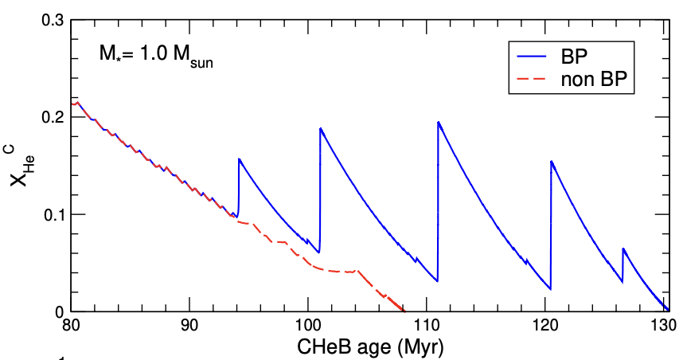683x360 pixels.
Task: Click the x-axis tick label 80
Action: (x=70, y=327)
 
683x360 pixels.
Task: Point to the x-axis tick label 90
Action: (x=189, y=327)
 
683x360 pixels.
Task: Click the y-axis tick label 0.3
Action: (x=52, y=20)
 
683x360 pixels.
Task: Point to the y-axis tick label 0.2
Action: (x=52, y=117)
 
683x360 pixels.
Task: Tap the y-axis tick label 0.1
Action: (x=52, y=214)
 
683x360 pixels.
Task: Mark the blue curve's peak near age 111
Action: (x=439, y=122)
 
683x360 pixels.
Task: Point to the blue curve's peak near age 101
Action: (x=320, y=128)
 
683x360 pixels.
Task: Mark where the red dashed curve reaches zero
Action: (x=404, y=311)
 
